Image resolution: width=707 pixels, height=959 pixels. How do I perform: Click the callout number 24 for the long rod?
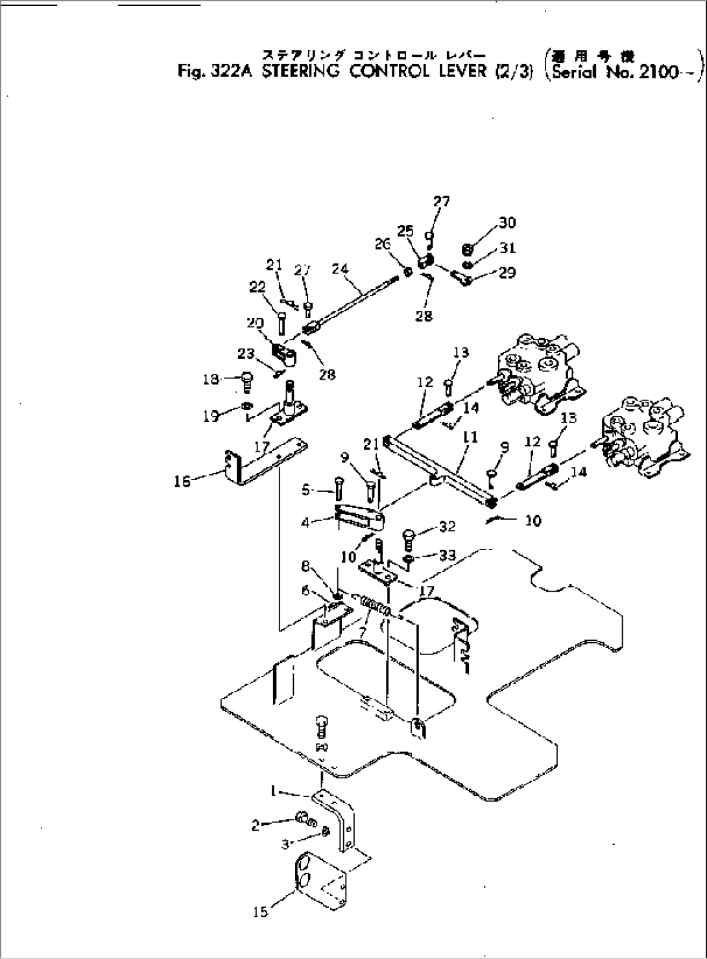[x=340, y=268]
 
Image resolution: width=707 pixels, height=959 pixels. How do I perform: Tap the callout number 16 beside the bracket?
[x=182, y=481]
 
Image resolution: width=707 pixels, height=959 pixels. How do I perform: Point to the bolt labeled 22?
[x=282, y=321]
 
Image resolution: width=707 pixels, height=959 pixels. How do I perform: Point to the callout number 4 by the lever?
[x=306, y=523]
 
